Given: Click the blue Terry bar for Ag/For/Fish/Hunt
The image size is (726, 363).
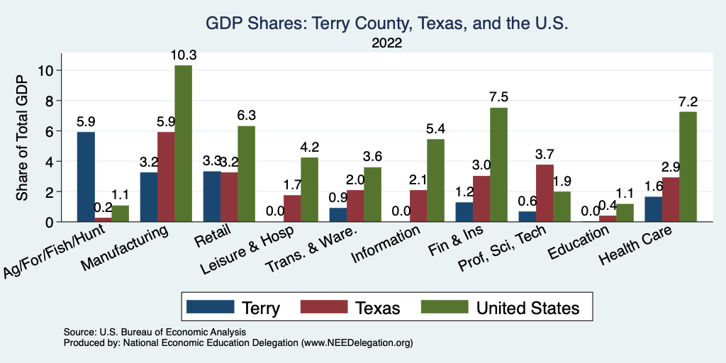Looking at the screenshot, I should (86, 177).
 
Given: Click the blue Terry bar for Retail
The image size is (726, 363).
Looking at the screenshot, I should (211, 196).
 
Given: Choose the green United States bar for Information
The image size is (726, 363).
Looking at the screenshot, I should (436, 181).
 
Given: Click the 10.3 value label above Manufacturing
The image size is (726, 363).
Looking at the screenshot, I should (183, 55).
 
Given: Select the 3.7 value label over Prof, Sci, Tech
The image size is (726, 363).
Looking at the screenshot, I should (544, 154).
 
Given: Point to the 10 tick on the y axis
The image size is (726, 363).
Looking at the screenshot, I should (47, 70).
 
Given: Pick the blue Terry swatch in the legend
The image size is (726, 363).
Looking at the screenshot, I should (210, 307).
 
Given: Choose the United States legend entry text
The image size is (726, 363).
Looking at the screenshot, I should (527, 308).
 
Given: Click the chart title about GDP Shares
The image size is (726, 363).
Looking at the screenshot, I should (387, 23).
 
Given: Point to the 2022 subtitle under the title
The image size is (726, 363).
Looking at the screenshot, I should (387, 43).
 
